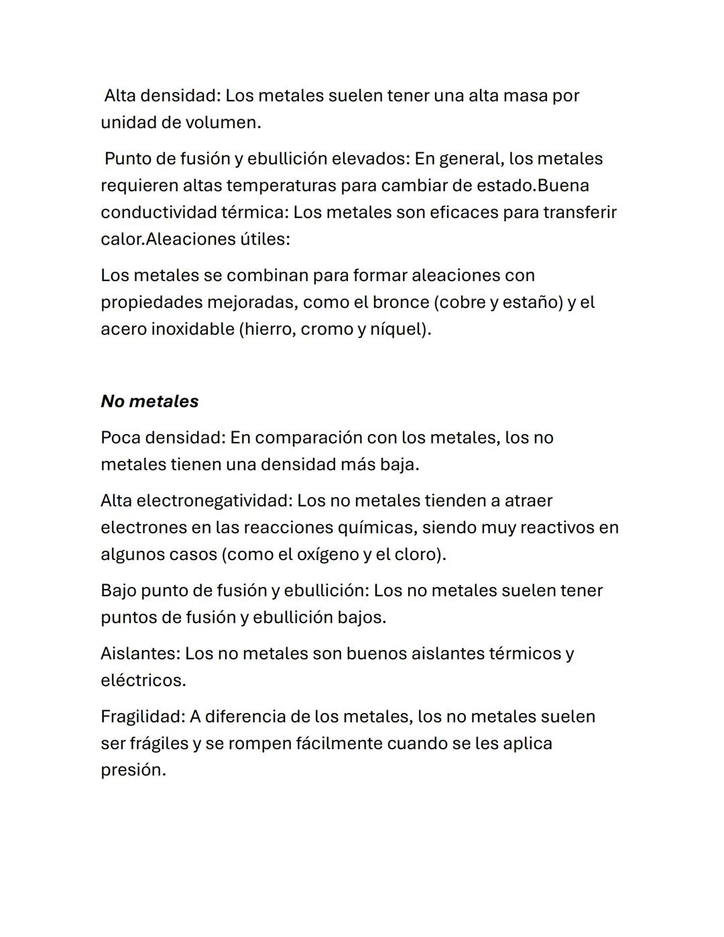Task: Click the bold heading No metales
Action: pos(149,401)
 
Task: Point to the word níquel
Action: pos(398,329)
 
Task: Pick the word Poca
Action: pos(121,438)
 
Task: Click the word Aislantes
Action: pos(139,654)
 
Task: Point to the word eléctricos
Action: pos(142,681)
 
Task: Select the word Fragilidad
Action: pos(141,717)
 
